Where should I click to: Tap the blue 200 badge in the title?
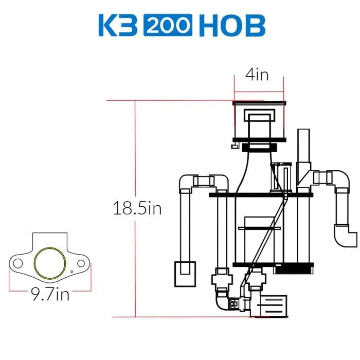coord(167,25)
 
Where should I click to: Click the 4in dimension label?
coord(257,75)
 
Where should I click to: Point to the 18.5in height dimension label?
coord(137,209)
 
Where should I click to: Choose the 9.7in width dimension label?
coord(49,295)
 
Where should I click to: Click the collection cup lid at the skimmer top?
coord(259,103)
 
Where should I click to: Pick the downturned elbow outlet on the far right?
coord(346,237)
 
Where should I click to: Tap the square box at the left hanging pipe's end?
coord(185,273)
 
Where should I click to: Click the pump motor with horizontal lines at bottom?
coord(273,308)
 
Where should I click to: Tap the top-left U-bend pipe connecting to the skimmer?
coord(204,181)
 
